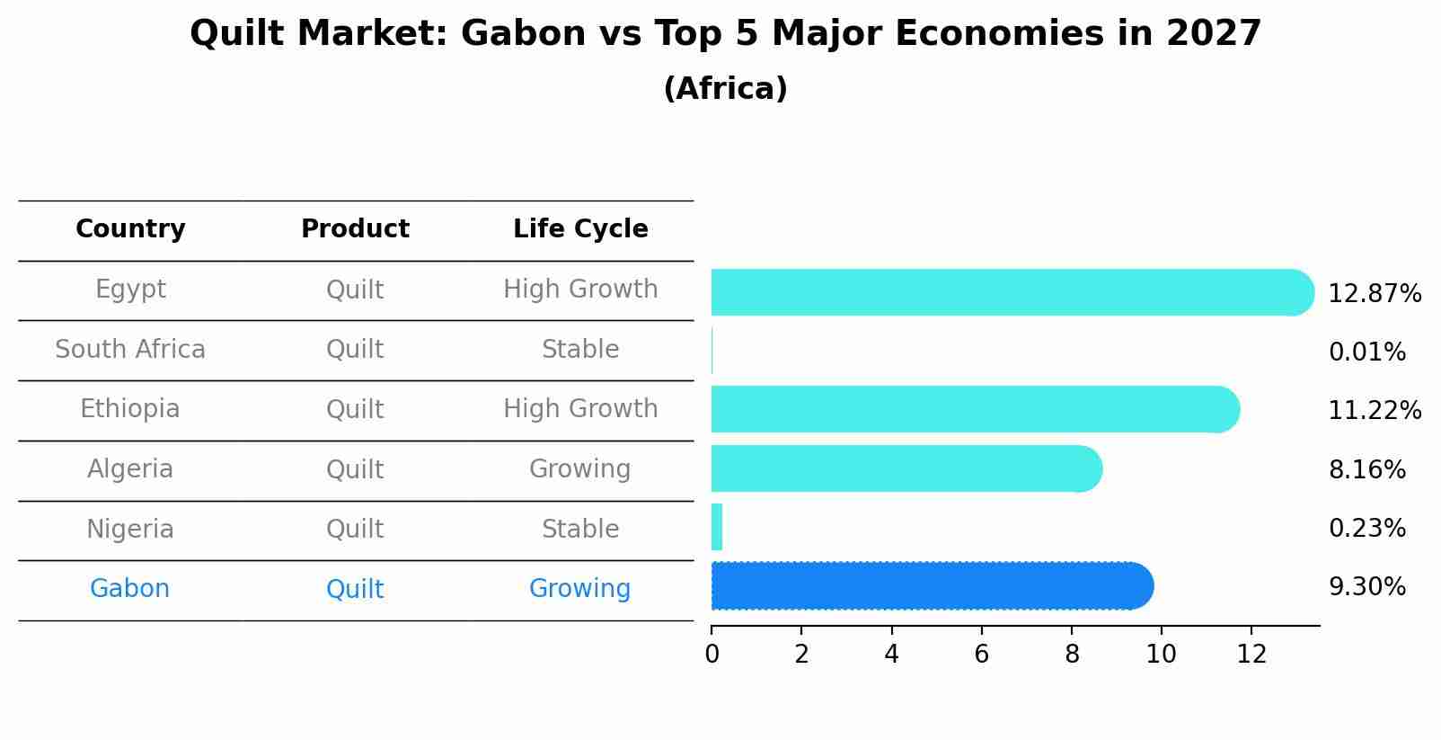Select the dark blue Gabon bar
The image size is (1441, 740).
931,586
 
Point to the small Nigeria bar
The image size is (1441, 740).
717,527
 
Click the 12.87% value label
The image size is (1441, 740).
1374,294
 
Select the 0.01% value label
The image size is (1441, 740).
1366,352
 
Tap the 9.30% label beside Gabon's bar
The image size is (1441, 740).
1366,587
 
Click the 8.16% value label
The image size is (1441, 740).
1366,469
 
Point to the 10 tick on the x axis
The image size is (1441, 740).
1161,654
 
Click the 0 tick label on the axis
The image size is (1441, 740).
712,654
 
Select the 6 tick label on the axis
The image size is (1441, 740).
981,654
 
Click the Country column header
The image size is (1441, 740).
130,229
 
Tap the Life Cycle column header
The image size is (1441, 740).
580,229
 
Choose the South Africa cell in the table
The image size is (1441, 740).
130,349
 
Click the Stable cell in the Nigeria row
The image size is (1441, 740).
580,529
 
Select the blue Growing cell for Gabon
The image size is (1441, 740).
579,589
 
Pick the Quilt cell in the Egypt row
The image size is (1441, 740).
355,290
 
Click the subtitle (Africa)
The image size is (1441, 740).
725,88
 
